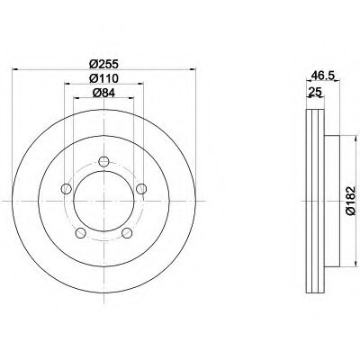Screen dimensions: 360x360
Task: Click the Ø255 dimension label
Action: pos(103,64)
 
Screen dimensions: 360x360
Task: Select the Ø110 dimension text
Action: pos(103,78)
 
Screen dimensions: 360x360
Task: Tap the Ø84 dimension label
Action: pos(103,94)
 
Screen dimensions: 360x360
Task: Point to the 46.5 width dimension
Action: pos(323,76)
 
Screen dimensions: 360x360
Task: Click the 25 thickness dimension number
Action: pos(315,91)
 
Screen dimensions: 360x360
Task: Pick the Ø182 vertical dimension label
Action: pos(350,201)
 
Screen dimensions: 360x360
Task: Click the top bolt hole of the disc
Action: pos(103,162)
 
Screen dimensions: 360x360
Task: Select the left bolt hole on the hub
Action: pos(66,189)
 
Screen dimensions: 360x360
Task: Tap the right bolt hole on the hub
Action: pos(141,189)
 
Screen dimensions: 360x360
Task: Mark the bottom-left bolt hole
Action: pos(80,232)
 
